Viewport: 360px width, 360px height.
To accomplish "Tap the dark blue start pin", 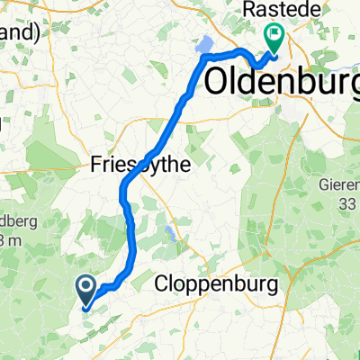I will pos(86,289).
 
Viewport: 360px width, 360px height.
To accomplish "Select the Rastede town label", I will pos(276,9).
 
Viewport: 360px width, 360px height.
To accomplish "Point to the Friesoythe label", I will pos(135,164).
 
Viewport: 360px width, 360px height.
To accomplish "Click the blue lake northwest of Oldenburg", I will pos(204,45).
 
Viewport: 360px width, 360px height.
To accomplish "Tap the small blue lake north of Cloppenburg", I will pos(170,236).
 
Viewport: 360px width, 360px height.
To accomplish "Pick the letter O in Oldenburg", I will pos(220,80).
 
